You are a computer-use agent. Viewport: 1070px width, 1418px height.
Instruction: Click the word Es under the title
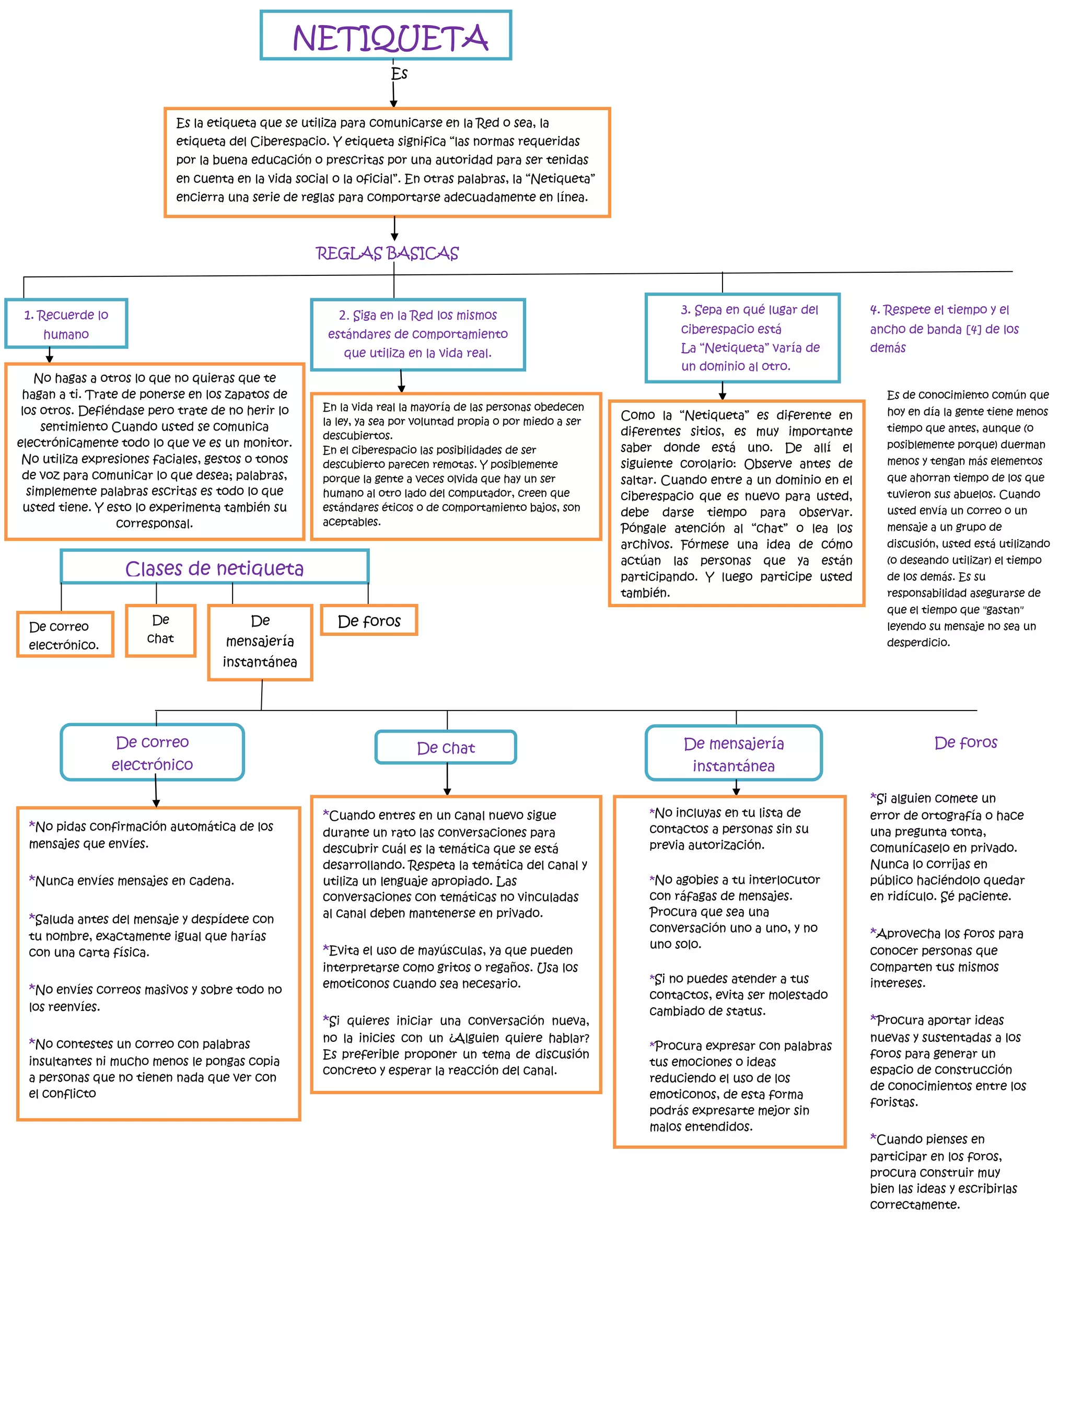(399, 74)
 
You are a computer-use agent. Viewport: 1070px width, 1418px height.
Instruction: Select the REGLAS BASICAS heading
(387, 254)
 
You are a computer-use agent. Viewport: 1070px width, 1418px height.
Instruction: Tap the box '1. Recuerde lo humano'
(66, 324)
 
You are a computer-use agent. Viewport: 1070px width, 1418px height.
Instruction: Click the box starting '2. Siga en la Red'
(417, 334)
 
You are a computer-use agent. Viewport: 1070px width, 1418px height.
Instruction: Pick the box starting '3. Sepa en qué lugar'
(742, 338)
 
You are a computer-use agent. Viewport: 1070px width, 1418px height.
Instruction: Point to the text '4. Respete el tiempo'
(943, 328)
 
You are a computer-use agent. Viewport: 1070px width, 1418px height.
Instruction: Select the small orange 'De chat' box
(160, 630)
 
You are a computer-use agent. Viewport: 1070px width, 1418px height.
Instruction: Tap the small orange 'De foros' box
(369, 621)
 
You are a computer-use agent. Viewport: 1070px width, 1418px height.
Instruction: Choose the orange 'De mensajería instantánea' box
(260, 641)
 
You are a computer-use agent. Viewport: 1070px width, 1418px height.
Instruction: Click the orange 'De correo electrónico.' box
(64, 635)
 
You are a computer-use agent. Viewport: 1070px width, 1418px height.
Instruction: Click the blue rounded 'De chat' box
(446, 748)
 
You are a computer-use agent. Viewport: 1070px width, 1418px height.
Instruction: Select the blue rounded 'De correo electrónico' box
(152, 752)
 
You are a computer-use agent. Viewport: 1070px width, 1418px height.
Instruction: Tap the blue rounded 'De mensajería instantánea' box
(734, 754)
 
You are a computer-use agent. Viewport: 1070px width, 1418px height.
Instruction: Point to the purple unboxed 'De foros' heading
(966, 742)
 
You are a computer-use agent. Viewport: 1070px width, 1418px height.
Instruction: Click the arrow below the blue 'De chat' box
(447, 780)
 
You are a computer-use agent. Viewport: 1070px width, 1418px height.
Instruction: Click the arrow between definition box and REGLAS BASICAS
(394, 229)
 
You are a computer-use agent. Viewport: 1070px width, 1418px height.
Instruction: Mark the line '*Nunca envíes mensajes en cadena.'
(132, 881)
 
